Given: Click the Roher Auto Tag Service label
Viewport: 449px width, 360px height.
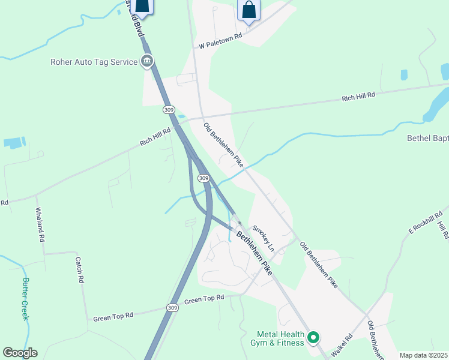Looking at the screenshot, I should pos(93,61).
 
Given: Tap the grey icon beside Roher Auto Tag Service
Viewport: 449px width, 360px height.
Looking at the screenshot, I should pos(147,61).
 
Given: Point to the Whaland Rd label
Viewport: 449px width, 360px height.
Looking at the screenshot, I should pos(40,225).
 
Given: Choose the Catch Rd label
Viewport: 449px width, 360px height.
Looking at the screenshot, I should pos(79,269).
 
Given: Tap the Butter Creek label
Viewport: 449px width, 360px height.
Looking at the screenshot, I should pos(25,299).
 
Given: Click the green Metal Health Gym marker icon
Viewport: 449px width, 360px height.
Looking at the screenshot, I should pos(313,338).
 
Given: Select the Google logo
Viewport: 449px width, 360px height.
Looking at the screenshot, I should pos(20,353).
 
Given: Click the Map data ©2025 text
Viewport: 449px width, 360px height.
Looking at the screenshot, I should pos(423,355).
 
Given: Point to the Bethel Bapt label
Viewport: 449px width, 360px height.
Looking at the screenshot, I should pos(427,138).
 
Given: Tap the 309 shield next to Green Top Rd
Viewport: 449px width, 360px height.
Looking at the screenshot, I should pos(172,308).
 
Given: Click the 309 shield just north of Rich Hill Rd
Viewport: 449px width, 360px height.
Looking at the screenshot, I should pos(169,110).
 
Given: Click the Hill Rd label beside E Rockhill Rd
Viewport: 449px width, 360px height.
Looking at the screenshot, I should pos(443,230).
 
